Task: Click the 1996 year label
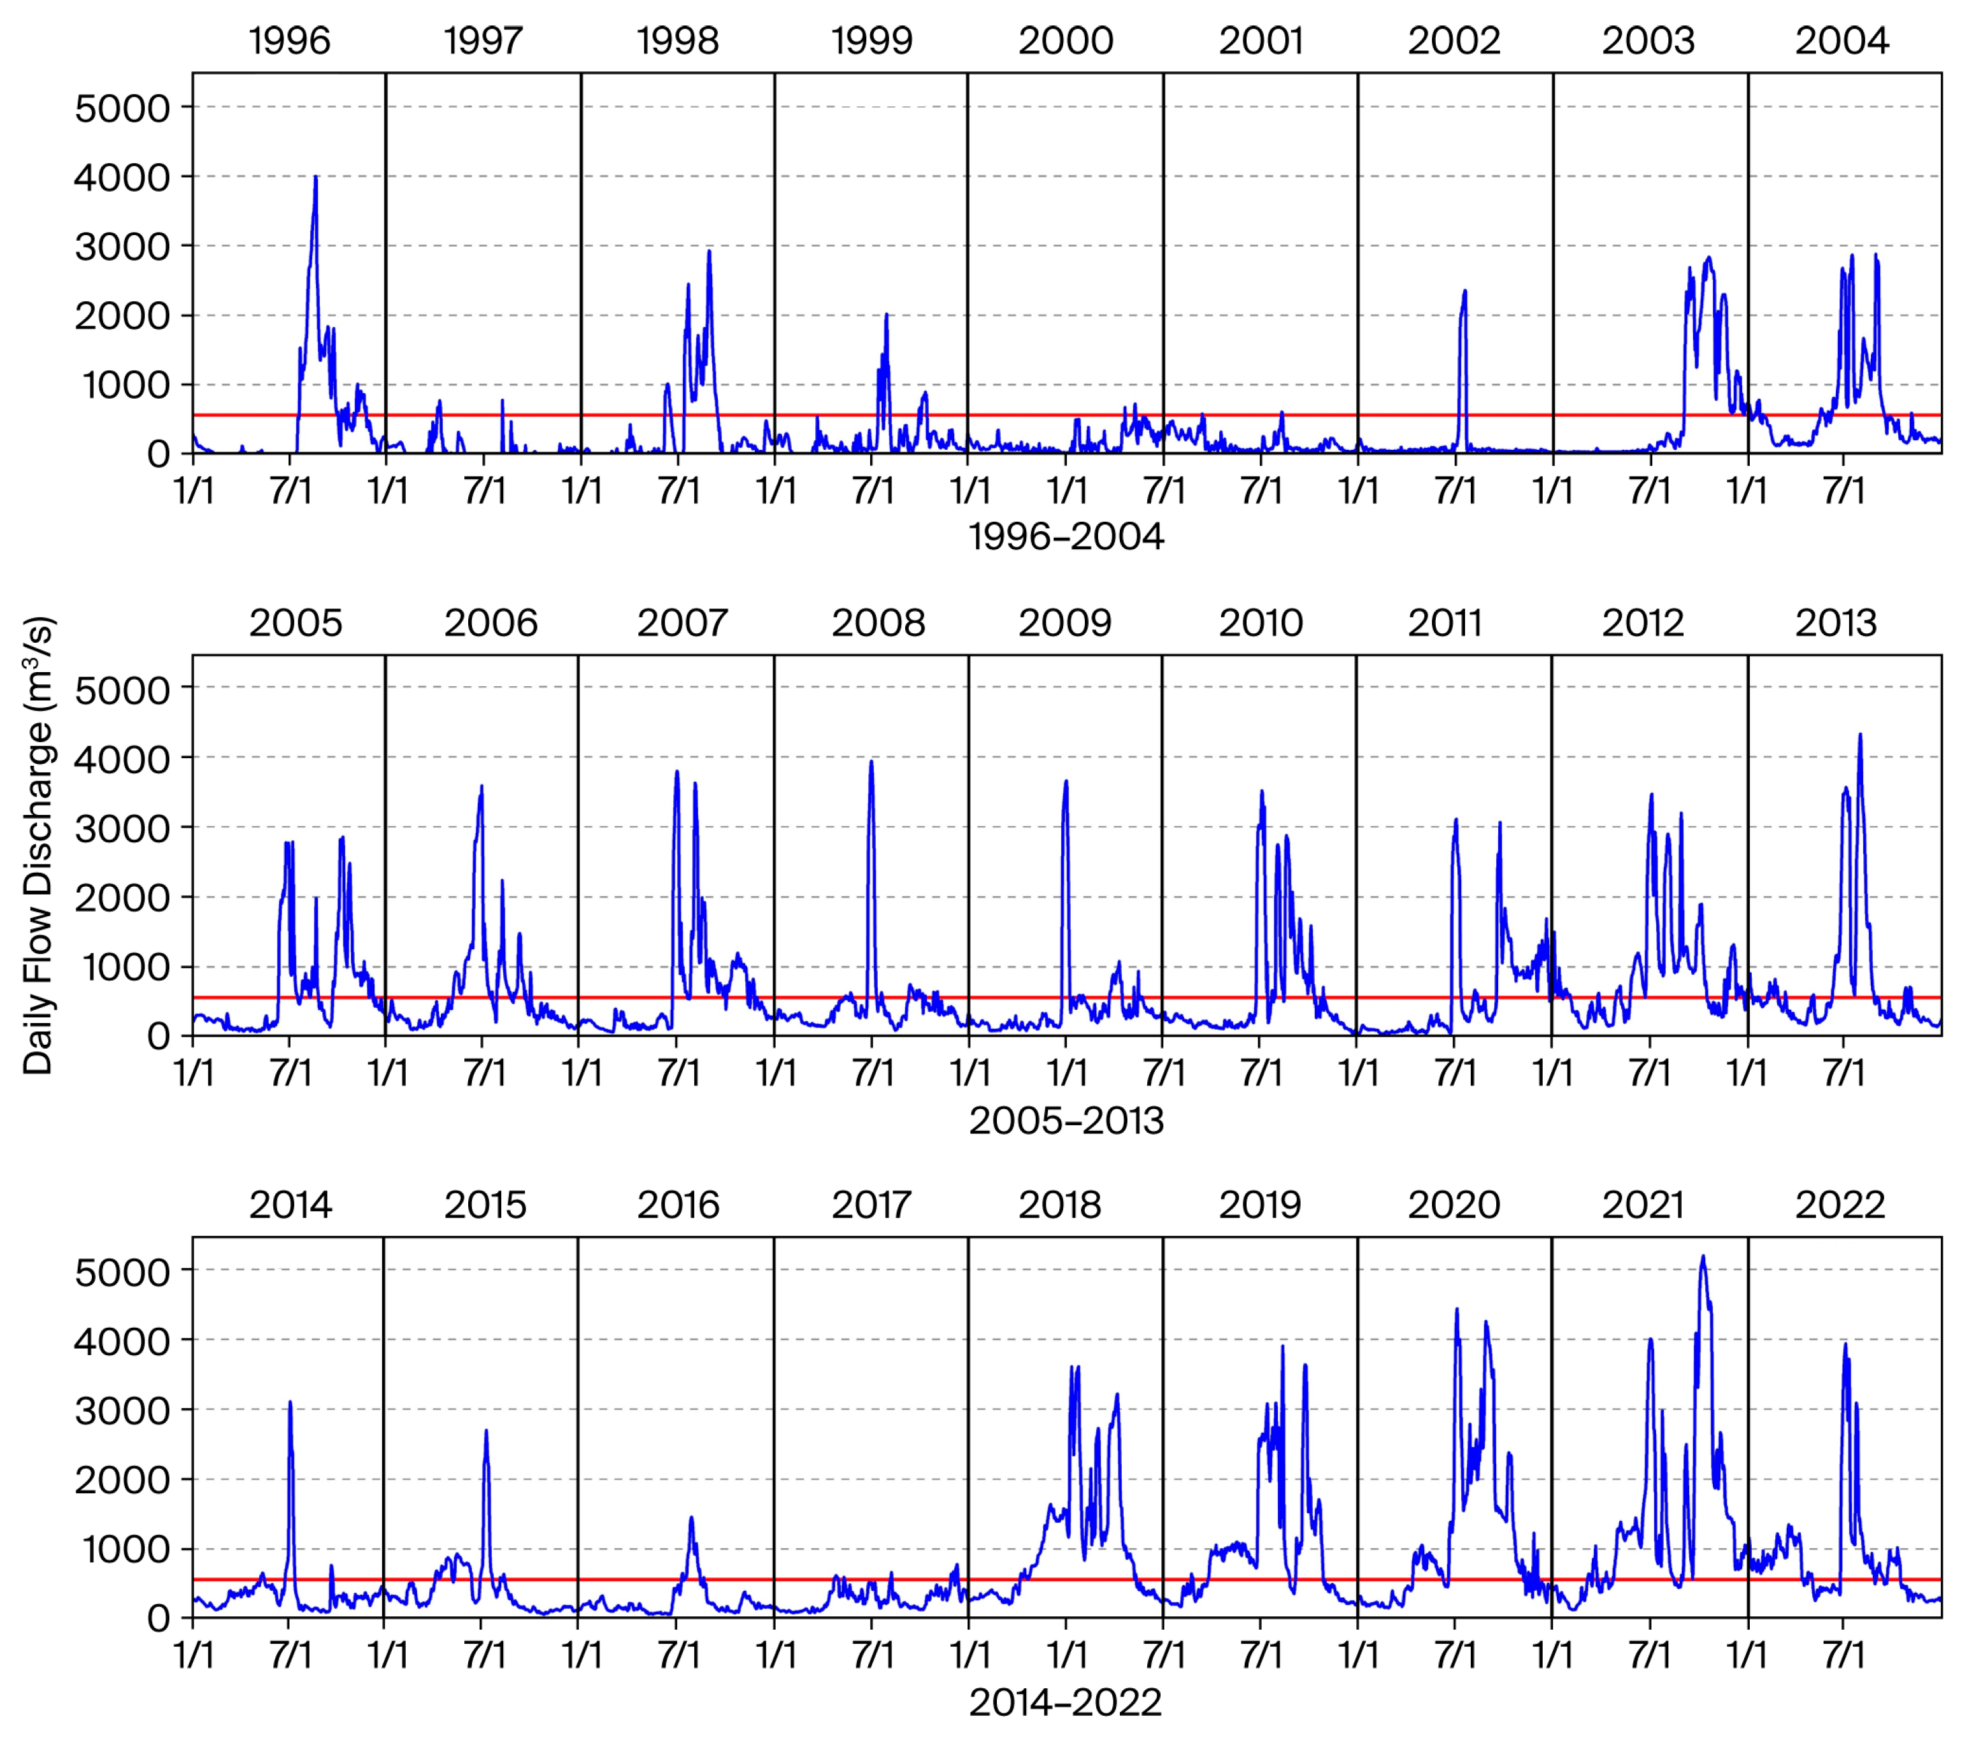pyautogui.click(x=290, y=40)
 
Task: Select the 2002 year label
pyautogui.click(x=1454, y=40)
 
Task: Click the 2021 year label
pyautogui.click(x=1643, y=1205)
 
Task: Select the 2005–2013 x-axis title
pyautogui.click(x=1066, y=1120)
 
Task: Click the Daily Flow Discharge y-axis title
pyautogui.click(x=38, y=845)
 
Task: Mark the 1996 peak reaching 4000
pyautogui.click(x=316, y=178)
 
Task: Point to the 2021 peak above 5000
pyautogui.click(x=1703, y=1257)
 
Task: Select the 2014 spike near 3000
pyautogui.click(x=290, y=1403)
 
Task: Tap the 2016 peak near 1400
pyautogui.click(x=691, y=1519)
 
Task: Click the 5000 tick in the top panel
pyautogui.click(x=122, y=108)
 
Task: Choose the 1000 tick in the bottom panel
pyautogui.click(x=122, y=1549)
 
